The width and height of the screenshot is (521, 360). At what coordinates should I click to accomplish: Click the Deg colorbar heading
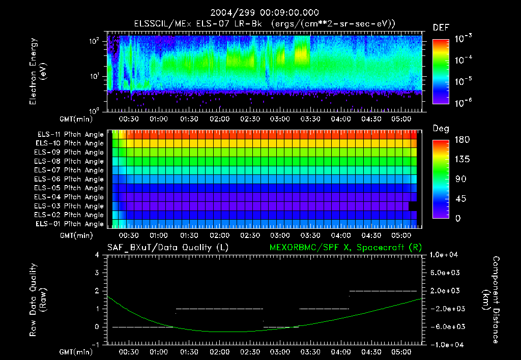(441, 129)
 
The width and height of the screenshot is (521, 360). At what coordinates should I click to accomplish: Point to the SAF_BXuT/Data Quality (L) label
(167, 248)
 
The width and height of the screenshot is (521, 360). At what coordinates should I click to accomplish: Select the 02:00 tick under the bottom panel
(219, 352)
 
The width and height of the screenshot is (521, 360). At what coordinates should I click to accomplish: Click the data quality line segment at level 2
(383, 291)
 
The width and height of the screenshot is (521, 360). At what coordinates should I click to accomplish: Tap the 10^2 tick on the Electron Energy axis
(97, 41)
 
